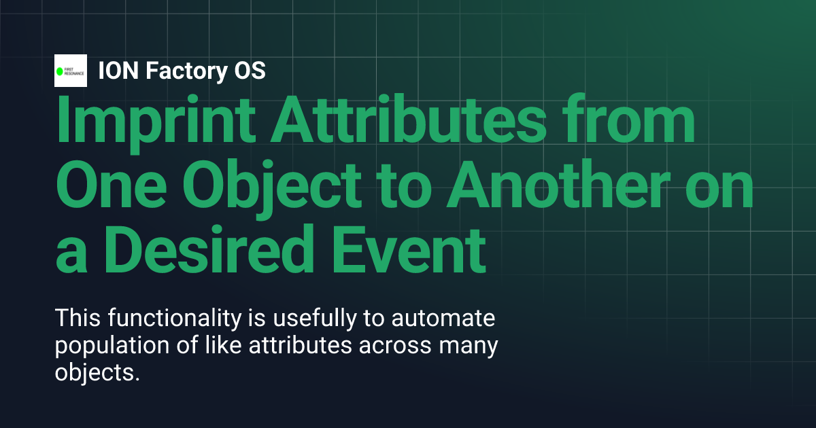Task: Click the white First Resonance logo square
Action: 71,71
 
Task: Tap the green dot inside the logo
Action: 59,71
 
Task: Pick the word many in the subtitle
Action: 473,346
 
